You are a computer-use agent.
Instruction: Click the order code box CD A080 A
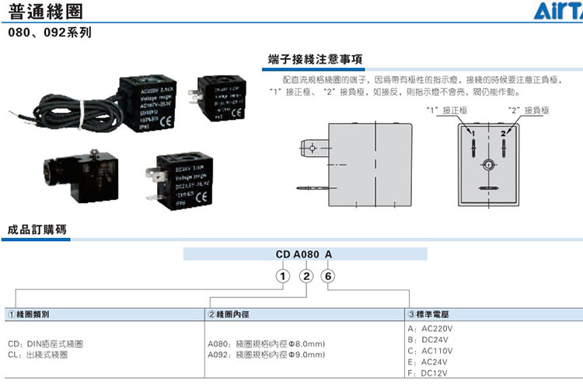[305, 254]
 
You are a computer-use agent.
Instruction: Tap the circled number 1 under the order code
[285, 277]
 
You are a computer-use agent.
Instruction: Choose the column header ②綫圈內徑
[230, 315]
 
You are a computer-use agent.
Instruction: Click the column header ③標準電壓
[430, 315]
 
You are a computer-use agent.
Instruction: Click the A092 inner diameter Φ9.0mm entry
[266, 355]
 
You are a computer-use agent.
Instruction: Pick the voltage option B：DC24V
[429, 340]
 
